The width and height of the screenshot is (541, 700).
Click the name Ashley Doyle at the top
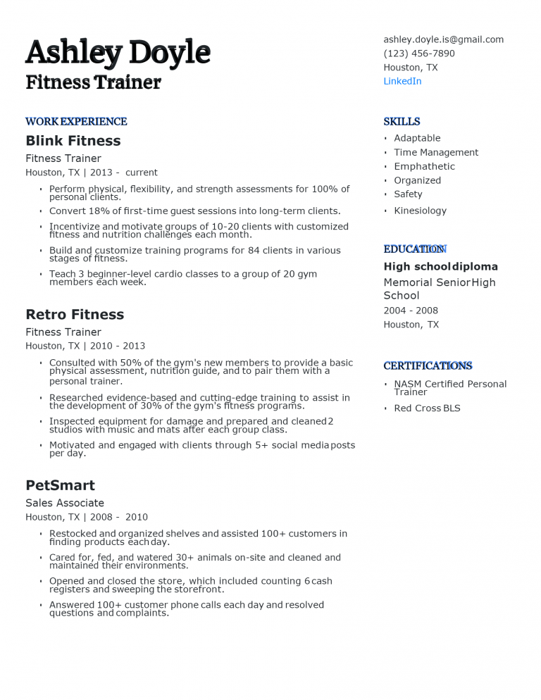point(118,52)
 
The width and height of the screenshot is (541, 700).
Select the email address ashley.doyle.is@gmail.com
point(443,39)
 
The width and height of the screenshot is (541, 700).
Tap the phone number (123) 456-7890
point(418,54)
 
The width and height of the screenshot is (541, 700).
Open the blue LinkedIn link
point(402,81)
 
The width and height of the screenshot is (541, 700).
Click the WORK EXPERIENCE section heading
point(76,121)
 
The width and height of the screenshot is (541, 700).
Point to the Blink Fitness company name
point(73,141)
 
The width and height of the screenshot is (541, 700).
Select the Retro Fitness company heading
point(75,314)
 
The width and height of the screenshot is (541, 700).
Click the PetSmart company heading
point(60,485)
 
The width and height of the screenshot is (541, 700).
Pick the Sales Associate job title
point(65,503)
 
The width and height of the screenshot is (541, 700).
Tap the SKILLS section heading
point(402,121)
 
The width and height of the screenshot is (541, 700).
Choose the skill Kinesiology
point(420,211)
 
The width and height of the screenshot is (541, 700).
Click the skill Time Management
point(435,152)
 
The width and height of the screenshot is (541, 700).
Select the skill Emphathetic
point(424,166)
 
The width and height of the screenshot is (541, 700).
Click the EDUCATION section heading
point(414,249)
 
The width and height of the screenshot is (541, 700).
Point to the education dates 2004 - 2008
point(411,311)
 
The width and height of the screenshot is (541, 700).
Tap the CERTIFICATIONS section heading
point(428,365)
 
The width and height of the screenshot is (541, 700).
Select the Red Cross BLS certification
point(427,408)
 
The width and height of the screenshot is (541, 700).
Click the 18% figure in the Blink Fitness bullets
point(103,211)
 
